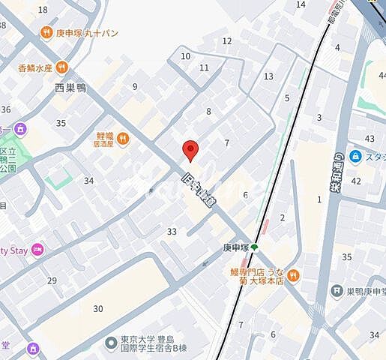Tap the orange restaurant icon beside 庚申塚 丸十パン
[x=48, y=33]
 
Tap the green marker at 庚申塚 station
[x=254, y=247]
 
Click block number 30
[x=97, y=308]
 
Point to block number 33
[x=172, y=232]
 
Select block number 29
[x=52, y=280]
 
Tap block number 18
[x=42, y=10]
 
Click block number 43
[x=369, y=139]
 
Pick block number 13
[x=268, y=76]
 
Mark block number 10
[x=186, y=56]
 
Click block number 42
[x=356, y=181]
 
